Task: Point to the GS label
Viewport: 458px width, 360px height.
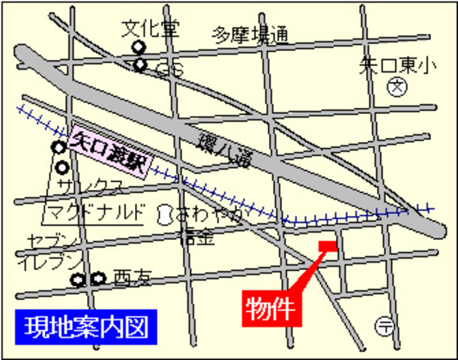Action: [x=169, y=69]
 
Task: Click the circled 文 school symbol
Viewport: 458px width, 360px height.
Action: [x=397, y=88]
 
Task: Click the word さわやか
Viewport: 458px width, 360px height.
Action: [x=211, y=215]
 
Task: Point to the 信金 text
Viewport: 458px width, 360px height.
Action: [x=196, y=237]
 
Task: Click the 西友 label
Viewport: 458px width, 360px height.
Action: [x=133, y=279]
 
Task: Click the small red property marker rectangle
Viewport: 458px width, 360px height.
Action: [x=329, y=246]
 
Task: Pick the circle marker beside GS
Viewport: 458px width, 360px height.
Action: [x=140, y=65]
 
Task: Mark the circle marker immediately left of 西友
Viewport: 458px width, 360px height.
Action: [x=97, y=279]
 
